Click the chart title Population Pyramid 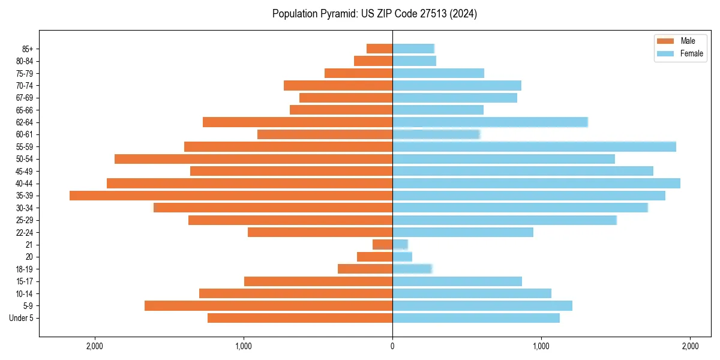[x=374, y=14]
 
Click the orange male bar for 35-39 [x=231, y=196]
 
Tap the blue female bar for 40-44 [x=536, y=183]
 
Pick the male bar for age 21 [x=383, y=244]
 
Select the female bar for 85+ [x=413, y=49]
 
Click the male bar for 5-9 [x=268, y=305]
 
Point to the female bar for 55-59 [x=534, y=146]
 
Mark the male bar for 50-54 [x=253, y=159]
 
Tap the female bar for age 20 [x=402, y=257]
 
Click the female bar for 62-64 [x=490, y=122]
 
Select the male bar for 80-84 [x=373, y=61]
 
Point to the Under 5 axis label [x=21, y=318]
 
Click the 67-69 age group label [x=24, y=98]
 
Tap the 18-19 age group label [x=24, y=269]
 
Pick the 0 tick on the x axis [x=392, y=346]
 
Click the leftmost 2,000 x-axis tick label [x=95, y=346]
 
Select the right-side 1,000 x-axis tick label [x=541, y=346]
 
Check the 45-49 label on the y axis [x=24, y=171]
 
